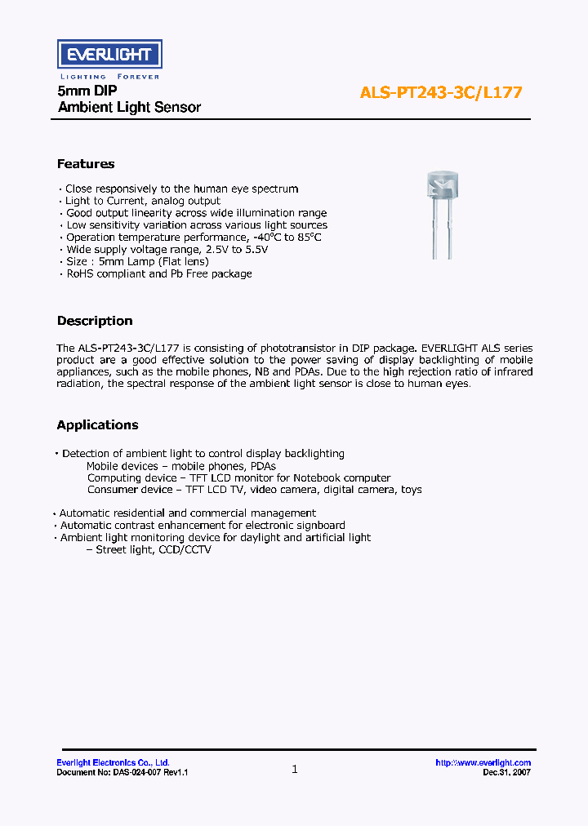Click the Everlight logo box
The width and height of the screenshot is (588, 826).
(x=109, y=55)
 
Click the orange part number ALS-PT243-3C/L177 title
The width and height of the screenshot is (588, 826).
(x=441, y=92)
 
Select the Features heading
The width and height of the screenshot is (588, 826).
(x=86, y=164)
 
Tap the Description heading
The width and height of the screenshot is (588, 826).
(x=95, y=321)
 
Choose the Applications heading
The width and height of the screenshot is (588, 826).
(x=97, y=425)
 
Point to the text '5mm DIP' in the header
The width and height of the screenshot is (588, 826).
(x=81, y=91)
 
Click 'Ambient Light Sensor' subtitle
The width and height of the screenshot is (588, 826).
(x=129, y=108)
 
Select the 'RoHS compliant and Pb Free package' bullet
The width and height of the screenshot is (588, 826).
(x=158, y=274)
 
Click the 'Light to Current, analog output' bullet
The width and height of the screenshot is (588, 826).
(x=143, y=201)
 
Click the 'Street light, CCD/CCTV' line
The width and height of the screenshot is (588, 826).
(x=153, y=550)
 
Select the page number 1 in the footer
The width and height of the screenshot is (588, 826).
(x=294, y=769)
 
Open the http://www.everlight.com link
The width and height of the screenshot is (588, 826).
(x=483, y=763)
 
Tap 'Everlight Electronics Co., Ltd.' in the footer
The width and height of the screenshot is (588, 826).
(x=113, y=763)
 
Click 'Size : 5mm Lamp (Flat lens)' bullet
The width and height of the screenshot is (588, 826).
(x=137, y=262)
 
